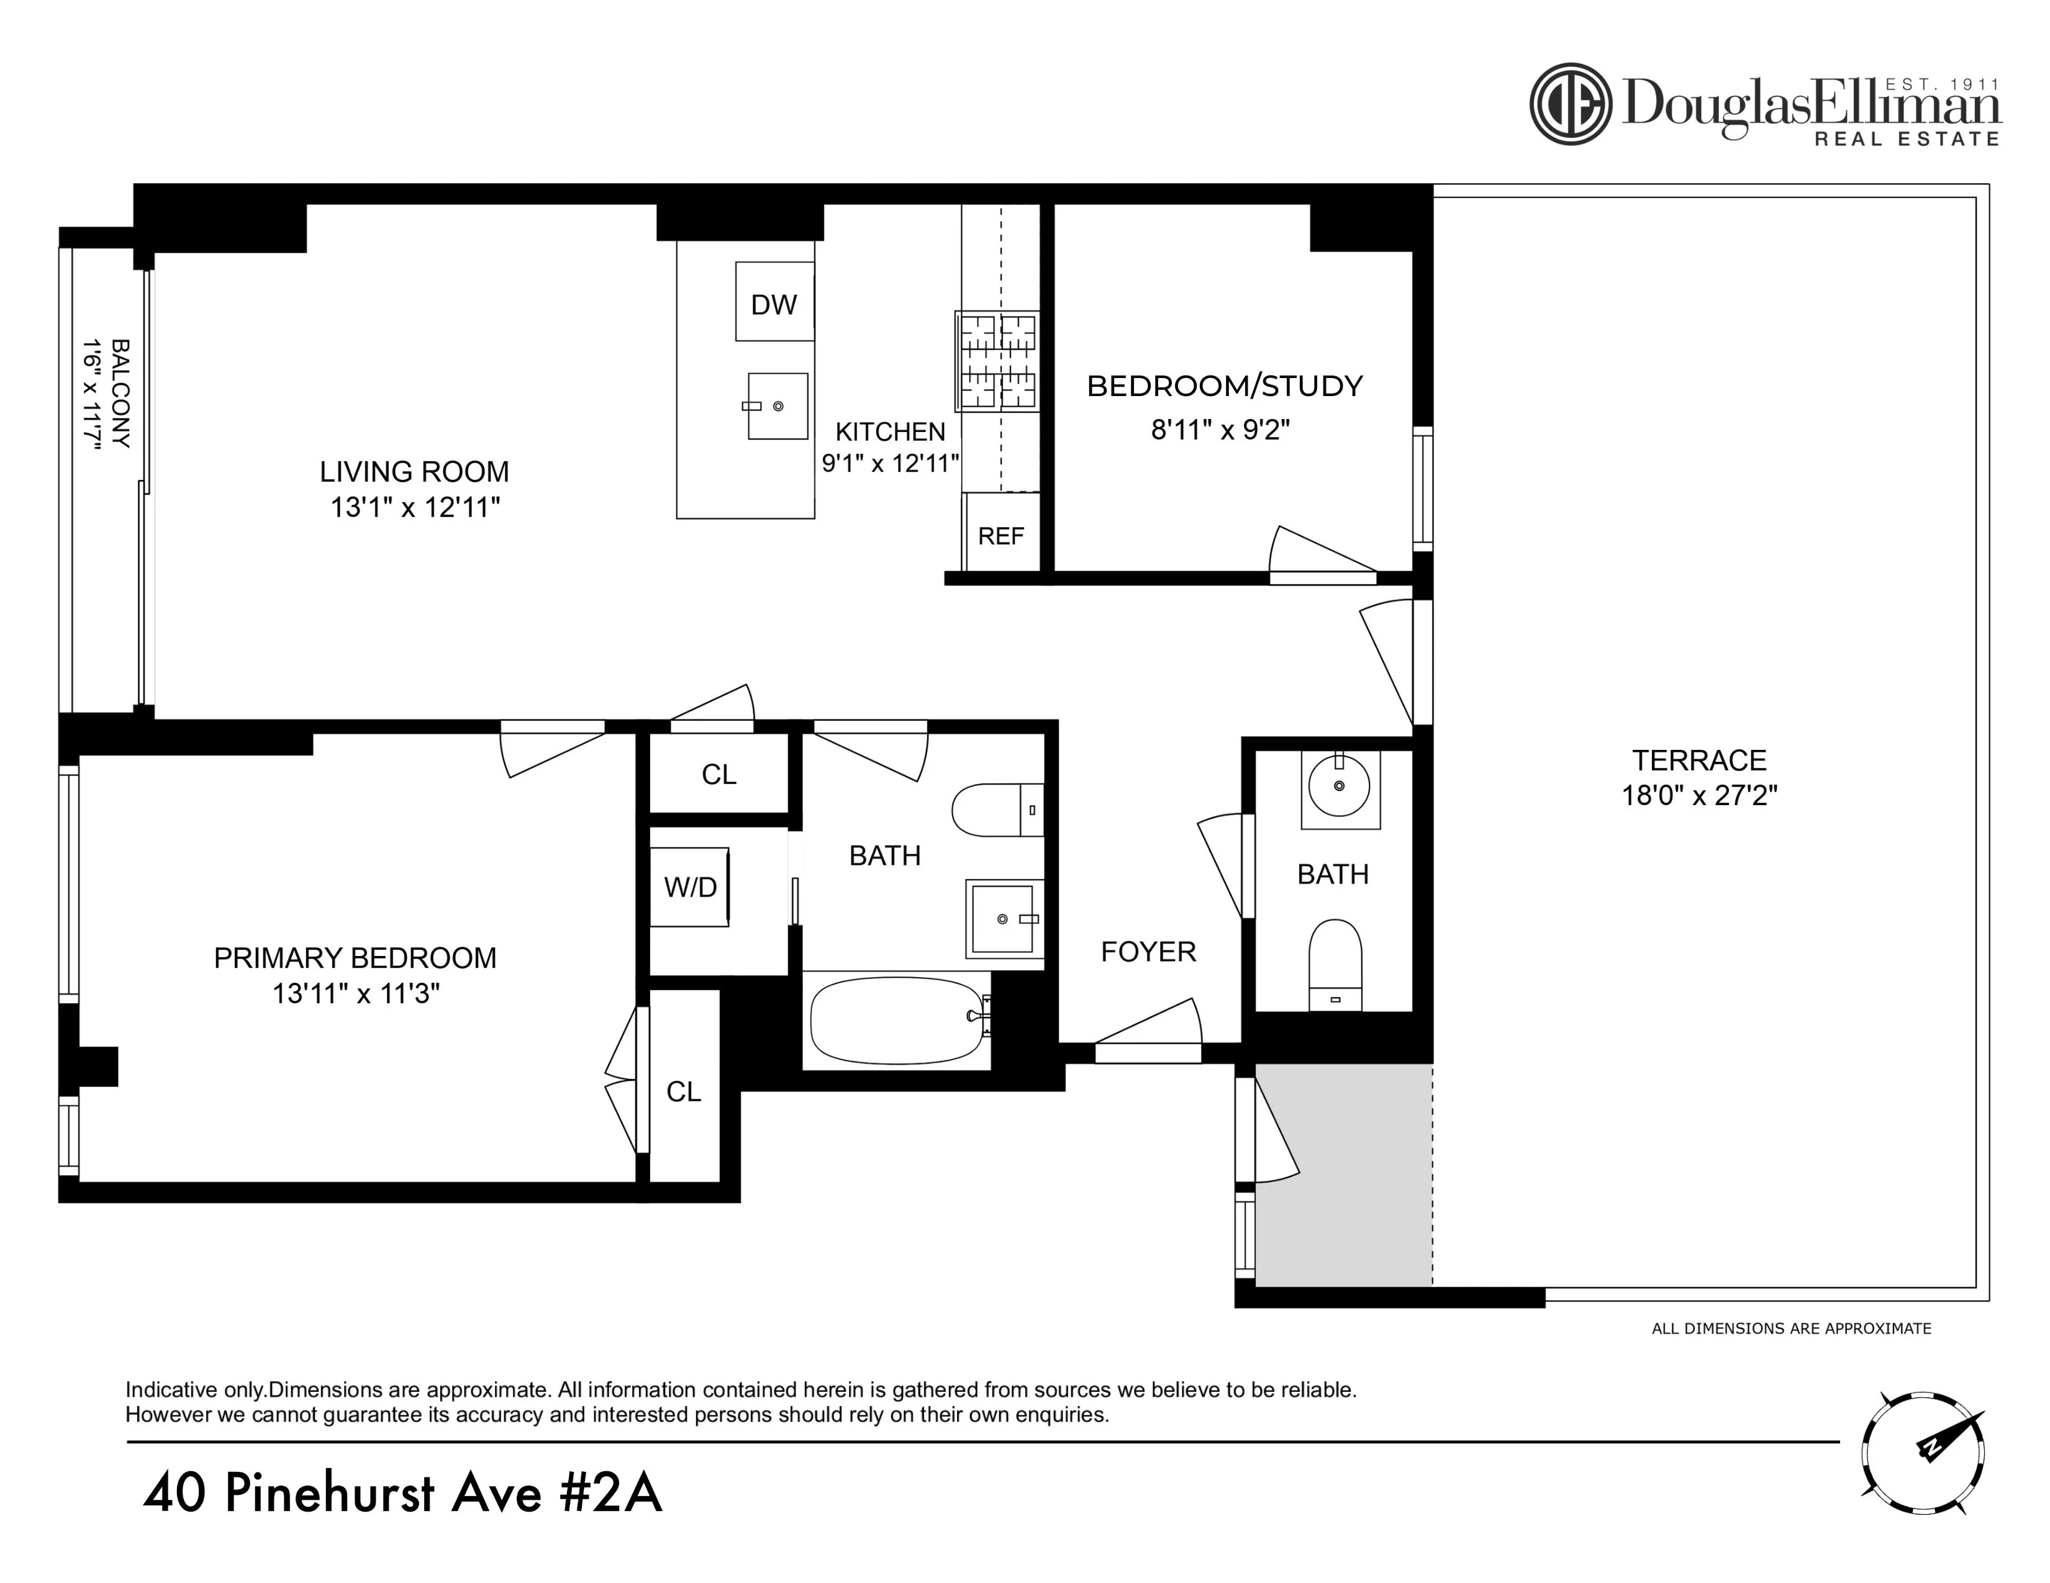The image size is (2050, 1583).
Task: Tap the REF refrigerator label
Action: pos(1000,536)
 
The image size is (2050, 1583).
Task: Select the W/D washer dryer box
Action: pos(690,886)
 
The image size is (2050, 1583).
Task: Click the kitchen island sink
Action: pos(777,405)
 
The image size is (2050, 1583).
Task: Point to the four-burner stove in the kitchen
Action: pos(997,361)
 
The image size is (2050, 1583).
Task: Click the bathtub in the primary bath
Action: pos(896,1020)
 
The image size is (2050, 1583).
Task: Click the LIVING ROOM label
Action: pos(414,471)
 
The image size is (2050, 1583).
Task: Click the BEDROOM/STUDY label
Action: pos(1224,386)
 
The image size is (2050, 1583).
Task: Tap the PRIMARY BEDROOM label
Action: pos(355,958)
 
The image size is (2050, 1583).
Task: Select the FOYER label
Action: pos(1148,952)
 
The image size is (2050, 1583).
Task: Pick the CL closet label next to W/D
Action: pos(719,774)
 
